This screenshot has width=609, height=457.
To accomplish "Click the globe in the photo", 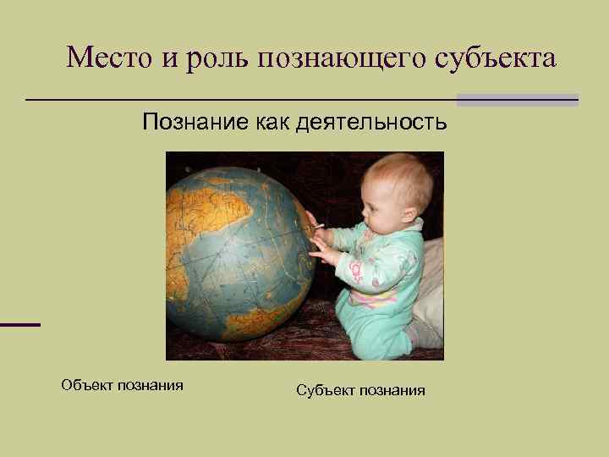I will pos(237,254).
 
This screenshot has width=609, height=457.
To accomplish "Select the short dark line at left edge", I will pos(20,324).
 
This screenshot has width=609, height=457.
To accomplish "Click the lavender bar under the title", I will pos(517,99).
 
